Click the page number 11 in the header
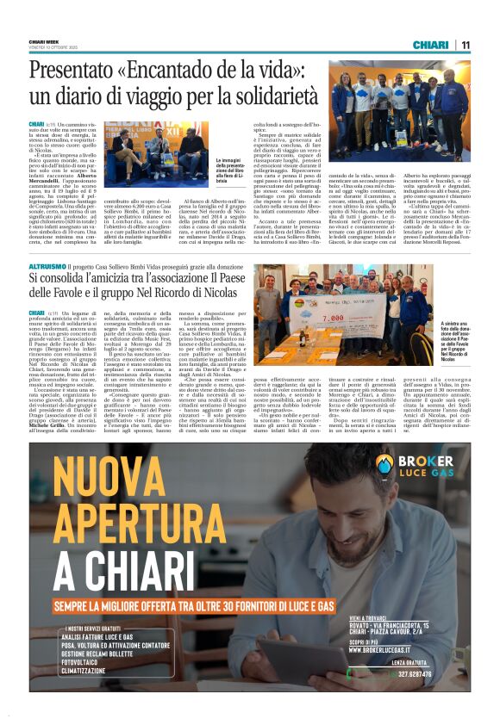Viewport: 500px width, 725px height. click(x=466, y=45)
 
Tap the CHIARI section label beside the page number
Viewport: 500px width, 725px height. click(x=430, y=45)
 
